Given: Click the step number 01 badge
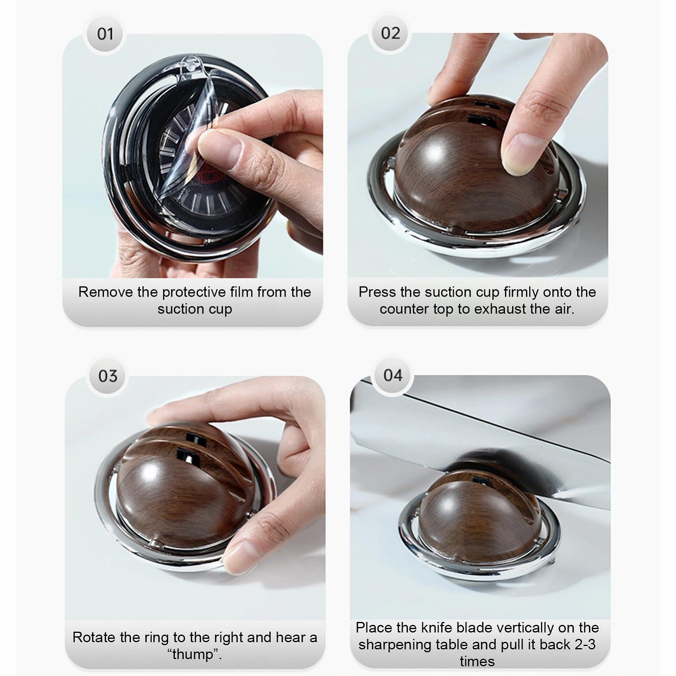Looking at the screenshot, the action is [x=105, y=34].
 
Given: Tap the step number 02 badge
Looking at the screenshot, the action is [x=390, y=33].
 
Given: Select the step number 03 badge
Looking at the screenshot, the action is [x=108, y=376].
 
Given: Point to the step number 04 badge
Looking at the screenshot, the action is [x=393, y=375].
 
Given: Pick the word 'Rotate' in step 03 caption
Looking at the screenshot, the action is [x=93, y=637].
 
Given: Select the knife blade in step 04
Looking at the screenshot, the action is [x=477, y=439].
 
